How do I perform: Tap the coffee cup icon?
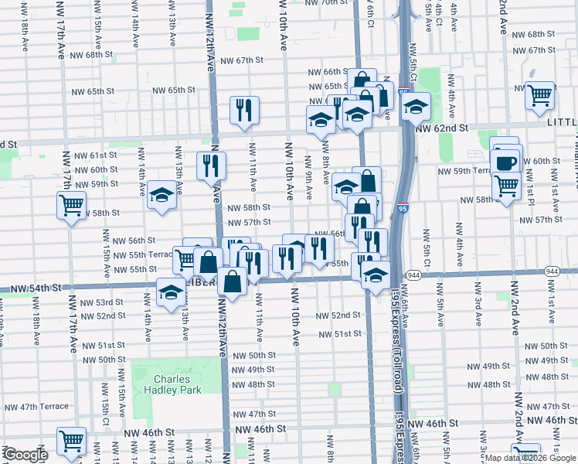coord(506,162)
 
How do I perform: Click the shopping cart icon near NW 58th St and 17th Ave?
coord(71,205)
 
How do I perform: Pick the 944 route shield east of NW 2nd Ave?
coord(552,271)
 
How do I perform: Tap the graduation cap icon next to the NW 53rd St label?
coord(171,292)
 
